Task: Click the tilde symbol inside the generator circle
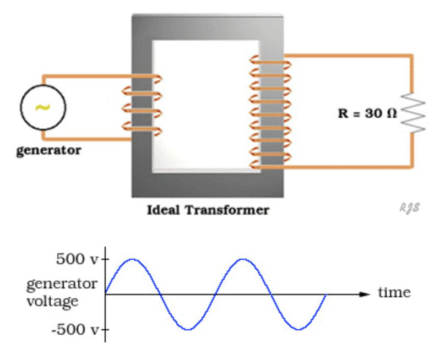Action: point(43,107)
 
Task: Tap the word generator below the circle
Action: point(48,150)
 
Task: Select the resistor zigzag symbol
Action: point(413,112)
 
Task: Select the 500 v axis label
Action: point(77,259)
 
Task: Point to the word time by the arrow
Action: point(394,292)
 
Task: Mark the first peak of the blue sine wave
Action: point(132,259)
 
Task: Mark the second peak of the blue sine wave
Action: point(243,259)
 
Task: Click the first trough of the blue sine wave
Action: point(188,329)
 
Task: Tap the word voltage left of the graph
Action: point(52,302)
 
